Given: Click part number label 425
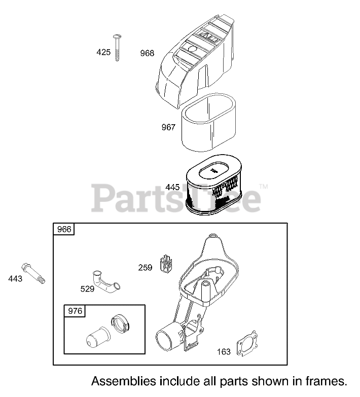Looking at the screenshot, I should [103, 52].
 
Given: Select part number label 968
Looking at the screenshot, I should [147, 53].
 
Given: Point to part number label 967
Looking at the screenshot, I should [168, 127].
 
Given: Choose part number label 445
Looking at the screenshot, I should [172, 187].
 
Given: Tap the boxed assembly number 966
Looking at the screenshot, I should [64, 230].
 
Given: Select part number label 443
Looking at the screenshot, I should [15, 278].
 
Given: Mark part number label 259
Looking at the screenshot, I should [146, 267].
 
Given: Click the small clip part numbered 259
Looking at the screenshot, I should [166, 264].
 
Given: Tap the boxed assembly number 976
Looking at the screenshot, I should [75, 311].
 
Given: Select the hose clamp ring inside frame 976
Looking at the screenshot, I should [120, 323].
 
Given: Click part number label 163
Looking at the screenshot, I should [224, 351].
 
